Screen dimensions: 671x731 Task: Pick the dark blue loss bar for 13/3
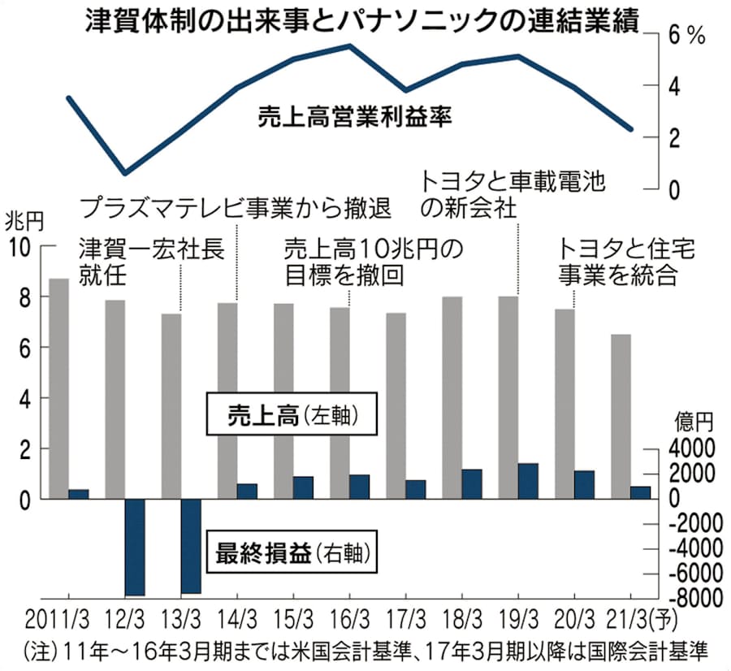click(x=190, y=546)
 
